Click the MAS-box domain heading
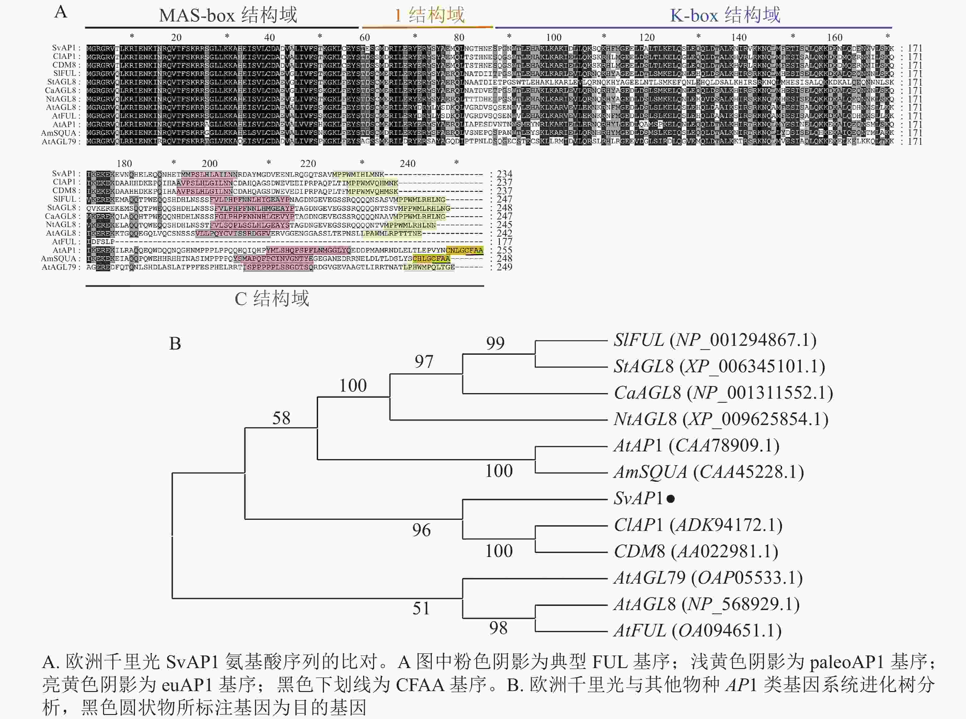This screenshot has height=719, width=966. pos(228,15)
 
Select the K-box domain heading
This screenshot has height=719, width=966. pos(725,15)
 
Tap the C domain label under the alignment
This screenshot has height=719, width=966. pos(272,299)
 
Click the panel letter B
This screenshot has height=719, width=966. pos(175,344)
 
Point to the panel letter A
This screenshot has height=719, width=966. pos(61,12)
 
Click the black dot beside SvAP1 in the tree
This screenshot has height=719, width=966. pos(671,499)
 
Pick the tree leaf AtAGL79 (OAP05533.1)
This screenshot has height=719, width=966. pos(708,578)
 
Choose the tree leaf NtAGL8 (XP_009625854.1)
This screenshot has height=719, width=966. pos(721,419)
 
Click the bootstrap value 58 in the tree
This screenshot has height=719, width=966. pos(281,418)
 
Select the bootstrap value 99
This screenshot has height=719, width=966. pos(495,343)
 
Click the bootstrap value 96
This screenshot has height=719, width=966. pos(421,530)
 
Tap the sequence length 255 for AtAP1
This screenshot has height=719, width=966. pos(504,250)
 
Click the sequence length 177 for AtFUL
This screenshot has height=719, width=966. pos(504,242)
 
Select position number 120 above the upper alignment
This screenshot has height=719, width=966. pos(647,37)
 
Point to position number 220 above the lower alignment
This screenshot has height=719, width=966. pos(308,164)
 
